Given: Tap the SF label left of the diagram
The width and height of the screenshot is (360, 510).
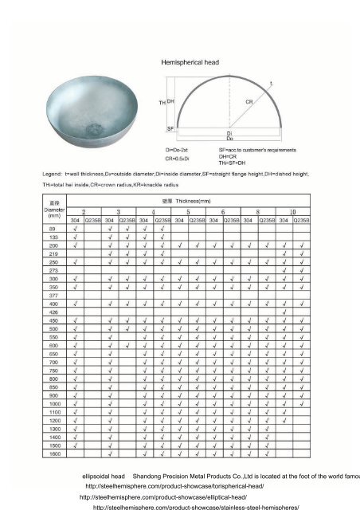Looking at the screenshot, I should (170, 127).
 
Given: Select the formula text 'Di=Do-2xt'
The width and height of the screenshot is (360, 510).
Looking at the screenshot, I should (179, 149).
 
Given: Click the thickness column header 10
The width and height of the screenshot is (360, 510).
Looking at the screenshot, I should (292, 212).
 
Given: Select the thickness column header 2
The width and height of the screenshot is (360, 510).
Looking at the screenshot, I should (83, 212).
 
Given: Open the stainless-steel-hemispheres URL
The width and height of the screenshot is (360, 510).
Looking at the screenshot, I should (196, 506).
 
